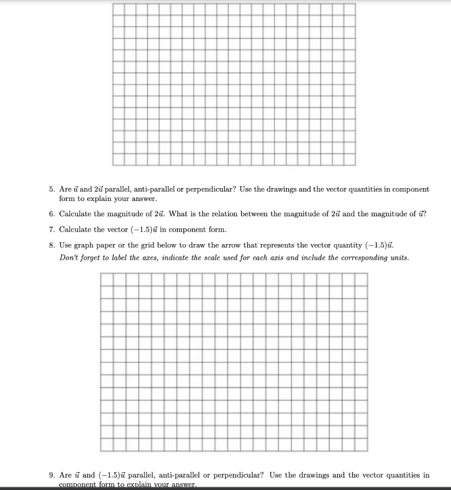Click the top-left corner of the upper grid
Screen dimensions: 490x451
[113, 4]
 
